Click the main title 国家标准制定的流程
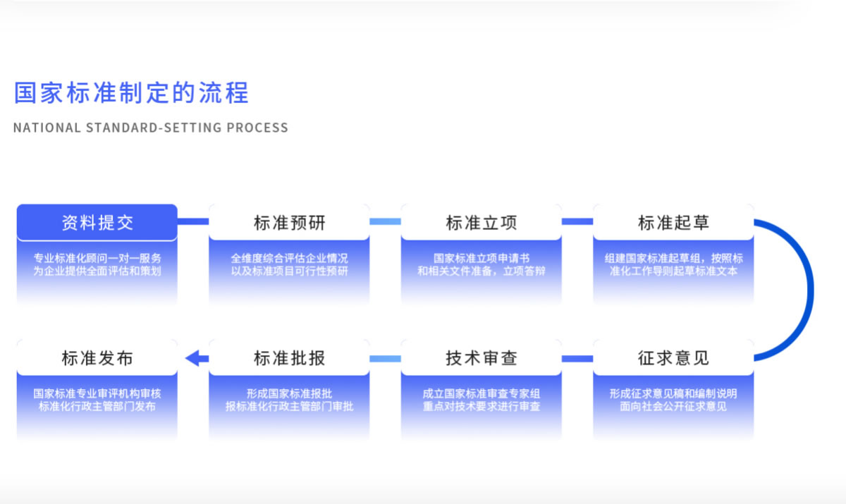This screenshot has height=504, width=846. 131,93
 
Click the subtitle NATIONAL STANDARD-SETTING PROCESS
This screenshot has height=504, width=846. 151,128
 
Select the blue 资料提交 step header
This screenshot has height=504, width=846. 97,223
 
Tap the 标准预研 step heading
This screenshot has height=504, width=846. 290,223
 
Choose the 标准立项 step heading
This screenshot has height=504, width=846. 482,223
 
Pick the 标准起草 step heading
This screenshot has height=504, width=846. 673,223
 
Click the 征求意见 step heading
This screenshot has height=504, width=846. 673,358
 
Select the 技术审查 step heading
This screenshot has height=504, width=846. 482,358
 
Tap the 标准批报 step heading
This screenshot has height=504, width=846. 290,358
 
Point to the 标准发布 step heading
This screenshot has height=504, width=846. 97,358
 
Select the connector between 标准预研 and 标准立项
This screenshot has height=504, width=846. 385,221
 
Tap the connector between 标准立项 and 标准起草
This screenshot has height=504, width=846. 577,221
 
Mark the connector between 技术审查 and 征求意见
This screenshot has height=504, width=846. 577,359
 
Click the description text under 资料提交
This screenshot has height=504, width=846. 97,264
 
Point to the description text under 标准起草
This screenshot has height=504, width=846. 673,264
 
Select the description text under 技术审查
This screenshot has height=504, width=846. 482,400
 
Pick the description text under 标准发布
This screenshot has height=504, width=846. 97,400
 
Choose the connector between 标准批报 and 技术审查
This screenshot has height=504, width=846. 385,359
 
